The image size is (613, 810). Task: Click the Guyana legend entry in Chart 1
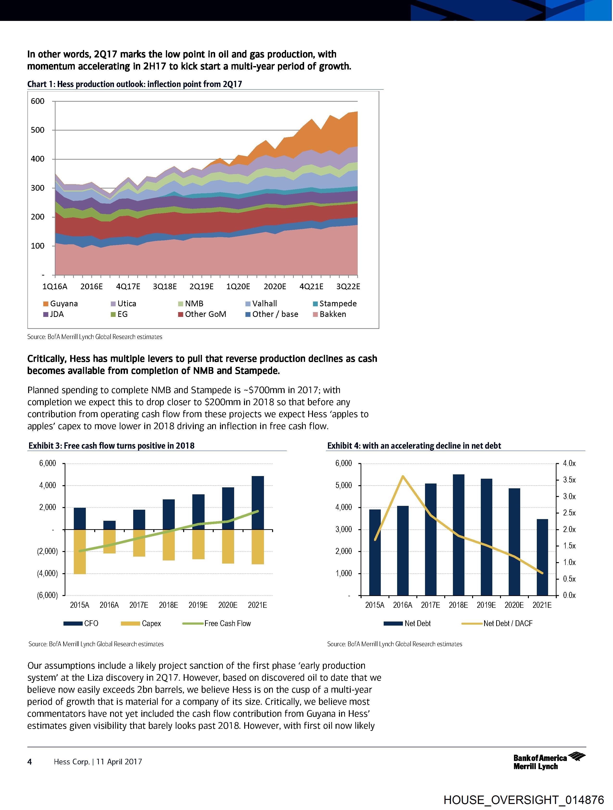point(60,304)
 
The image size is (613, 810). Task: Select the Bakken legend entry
point(330,314)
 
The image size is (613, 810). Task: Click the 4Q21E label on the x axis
point(311,286)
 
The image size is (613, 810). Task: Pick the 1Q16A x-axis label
point(55,286)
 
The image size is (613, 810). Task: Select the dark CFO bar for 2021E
point(258,502)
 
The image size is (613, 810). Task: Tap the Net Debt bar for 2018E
point(458,535)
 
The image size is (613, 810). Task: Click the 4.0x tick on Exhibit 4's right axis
point(569,464)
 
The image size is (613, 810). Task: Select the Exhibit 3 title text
point(112,446)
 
